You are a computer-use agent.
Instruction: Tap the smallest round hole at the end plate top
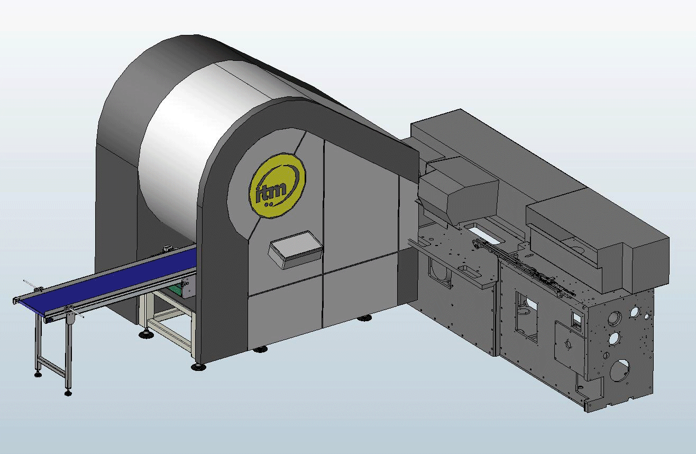coord(647,316)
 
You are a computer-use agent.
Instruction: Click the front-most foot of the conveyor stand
coord(68,392)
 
